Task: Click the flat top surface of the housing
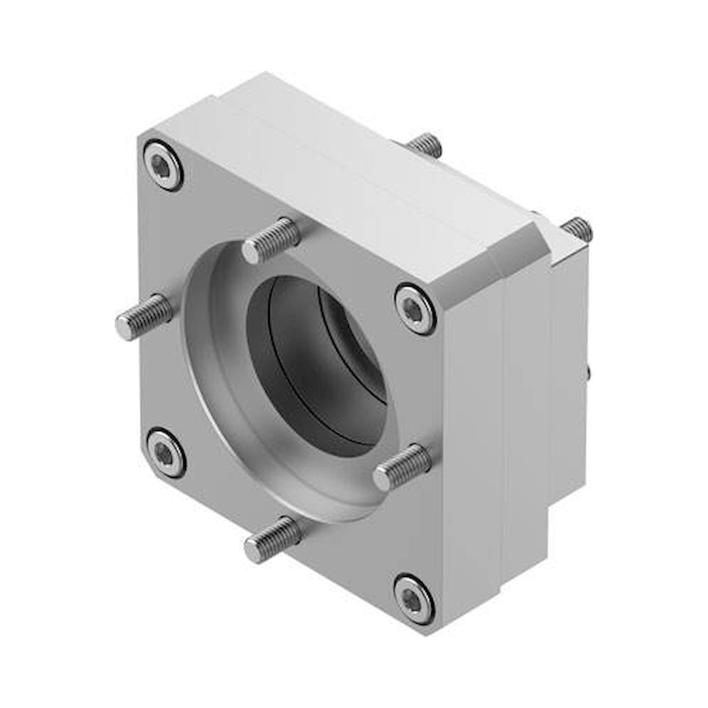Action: coord(330,165)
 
